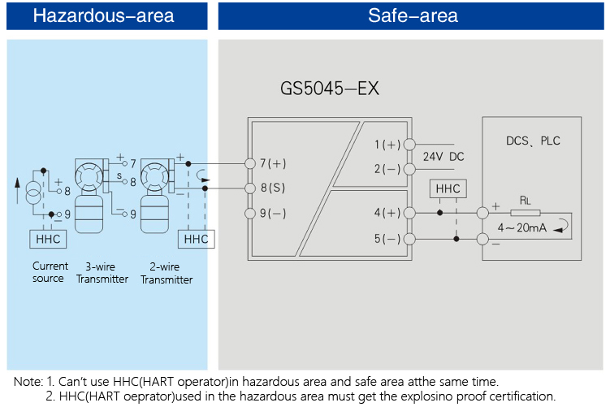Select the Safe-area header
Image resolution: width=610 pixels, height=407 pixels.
coord(413,15)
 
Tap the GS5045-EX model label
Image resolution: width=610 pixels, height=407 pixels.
coord(329,89)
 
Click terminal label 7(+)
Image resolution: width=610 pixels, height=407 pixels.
coord(272,163)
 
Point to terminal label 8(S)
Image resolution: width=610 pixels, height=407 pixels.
coord(272,188)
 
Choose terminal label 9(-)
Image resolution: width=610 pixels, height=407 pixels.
coord(272,214)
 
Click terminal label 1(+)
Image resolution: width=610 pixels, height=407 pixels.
coord(387,145)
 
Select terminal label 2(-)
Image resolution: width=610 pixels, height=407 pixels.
coord(387,169)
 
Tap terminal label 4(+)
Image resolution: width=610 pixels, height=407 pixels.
coord(387,213)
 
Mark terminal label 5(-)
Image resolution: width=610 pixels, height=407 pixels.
coord(387,239)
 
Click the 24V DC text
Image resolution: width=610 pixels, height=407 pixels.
coord(443,157)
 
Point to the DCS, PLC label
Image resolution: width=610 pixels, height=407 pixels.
coord(533,141)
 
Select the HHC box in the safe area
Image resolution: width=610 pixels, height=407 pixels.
coord(448,188)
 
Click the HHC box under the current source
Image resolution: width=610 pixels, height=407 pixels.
coord(48,240)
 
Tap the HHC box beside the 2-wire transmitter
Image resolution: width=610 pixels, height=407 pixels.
coord(196,240)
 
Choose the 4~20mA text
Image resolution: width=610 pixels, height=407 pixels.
coord(521,227)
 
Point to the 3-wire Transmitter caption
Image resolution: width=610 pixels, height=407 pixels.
coord(102,272)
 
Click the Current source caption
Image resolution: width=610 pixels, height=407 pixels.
coord(49,272)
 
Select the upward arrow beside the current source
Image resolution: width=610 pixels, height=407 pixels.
coord(16,193)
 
